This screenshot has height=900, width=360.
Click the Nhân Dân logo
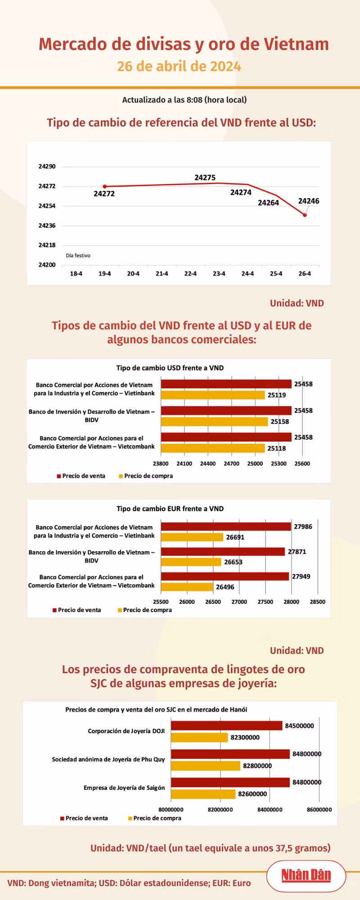pyautogui.click(x=306, y=875)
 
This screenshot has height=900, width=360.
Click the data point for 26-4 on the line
pyautogui.click(x=305, y=215)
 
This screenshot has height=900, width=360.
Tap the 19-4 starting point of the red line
pyautogui.click(x=105, y=186)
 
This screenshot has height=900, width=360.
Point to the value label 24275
pyautogui.click(x=205, y=178)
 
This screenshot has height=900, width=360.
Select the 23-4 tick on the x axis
pyautogui.click(x=219, y=274)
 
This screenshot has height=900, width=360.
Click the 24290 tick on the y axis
pyautogui.click(x=47, y=166)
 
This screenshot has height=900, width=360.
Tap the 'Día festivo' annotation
pyautogui.click(x=78, y=256)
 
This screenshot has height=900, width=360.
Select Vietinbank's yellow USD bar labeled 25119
pyautogui.click(x=213, y=395)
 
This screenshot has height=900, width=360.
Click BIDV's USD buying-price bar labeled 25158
pyautogui.click(x=214, y=422)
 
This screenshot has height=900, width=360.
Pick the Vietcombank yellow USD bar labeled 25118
pyautogui.click(x=213, y=448)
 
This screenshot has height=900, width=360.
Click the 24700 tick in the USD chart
pyautogui.click(x=231, y=463)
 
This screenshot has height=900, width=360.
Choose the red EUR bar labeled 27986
pyautogui.click(x=226, y=526)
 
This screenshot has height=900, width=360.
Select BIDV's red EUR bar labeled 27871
pyautogui.click(x=223, y=552)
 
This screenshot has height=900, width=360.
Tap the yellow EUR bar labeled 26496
pyautogui.click(x=187, y=587)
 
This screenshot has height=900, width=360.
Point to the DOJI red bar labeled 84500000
pyautogui.click(x=226, y=726)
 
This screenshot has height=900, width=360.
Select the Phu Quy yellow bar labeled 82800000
pyautogui.click(x=206, y=766)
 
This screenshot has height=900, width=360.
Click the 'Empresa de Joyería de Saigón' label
pyautogui.click(x=124, y=788)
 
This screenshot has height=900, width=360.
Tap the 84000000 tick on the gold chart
pyautogui.click(x=270, y=810)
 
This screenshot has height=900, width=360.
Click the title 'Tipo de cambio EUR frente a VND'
pyautogui.click(x=170, y=508)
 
